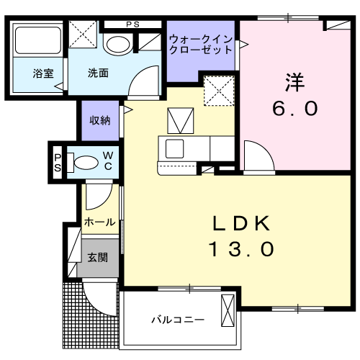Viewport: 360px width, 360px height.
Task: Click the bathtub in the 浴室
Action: [38, 40]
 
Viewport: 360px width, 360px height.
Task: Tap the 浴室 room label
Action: [43, 73]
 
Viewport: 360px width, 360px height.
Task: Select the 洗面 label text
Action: [98, 73]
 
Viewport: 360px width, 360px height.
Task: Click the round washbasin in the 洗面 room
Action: [118, 45]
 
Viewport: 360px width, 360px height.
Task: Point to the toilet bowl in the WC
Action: [86, 163]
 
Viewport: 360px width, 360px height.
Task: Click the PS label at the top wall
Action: [132, 24]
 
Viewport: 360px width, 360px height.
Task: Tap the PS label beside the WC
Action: [58, 163]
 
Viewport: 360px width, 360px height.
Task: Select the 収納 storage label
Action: [100, 120]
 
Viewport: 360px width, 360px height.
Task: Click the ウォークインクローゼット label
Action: [201, 45]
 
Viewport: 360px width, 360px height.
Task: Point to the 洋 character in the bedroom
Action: [294, 82]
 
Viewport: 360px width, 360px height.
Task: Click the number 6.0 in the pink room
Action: [295, 109]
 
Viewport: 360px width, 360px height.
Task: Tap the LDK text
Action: [241, 223]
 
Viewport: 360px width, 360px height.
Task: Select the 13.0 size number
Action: [241, 249]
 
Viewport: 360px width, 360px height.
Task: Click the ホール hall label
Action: [99, 222]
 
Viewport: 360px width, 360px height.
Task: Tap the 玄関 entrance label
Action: [98, 258]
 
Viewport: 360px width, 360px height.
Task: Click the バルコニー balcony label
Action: [178, 320]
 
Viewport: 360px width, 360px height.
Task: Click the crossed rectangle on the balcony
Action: [228, 310]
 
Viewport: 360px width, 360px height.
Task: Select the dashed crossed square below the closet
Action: [219, 91]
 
